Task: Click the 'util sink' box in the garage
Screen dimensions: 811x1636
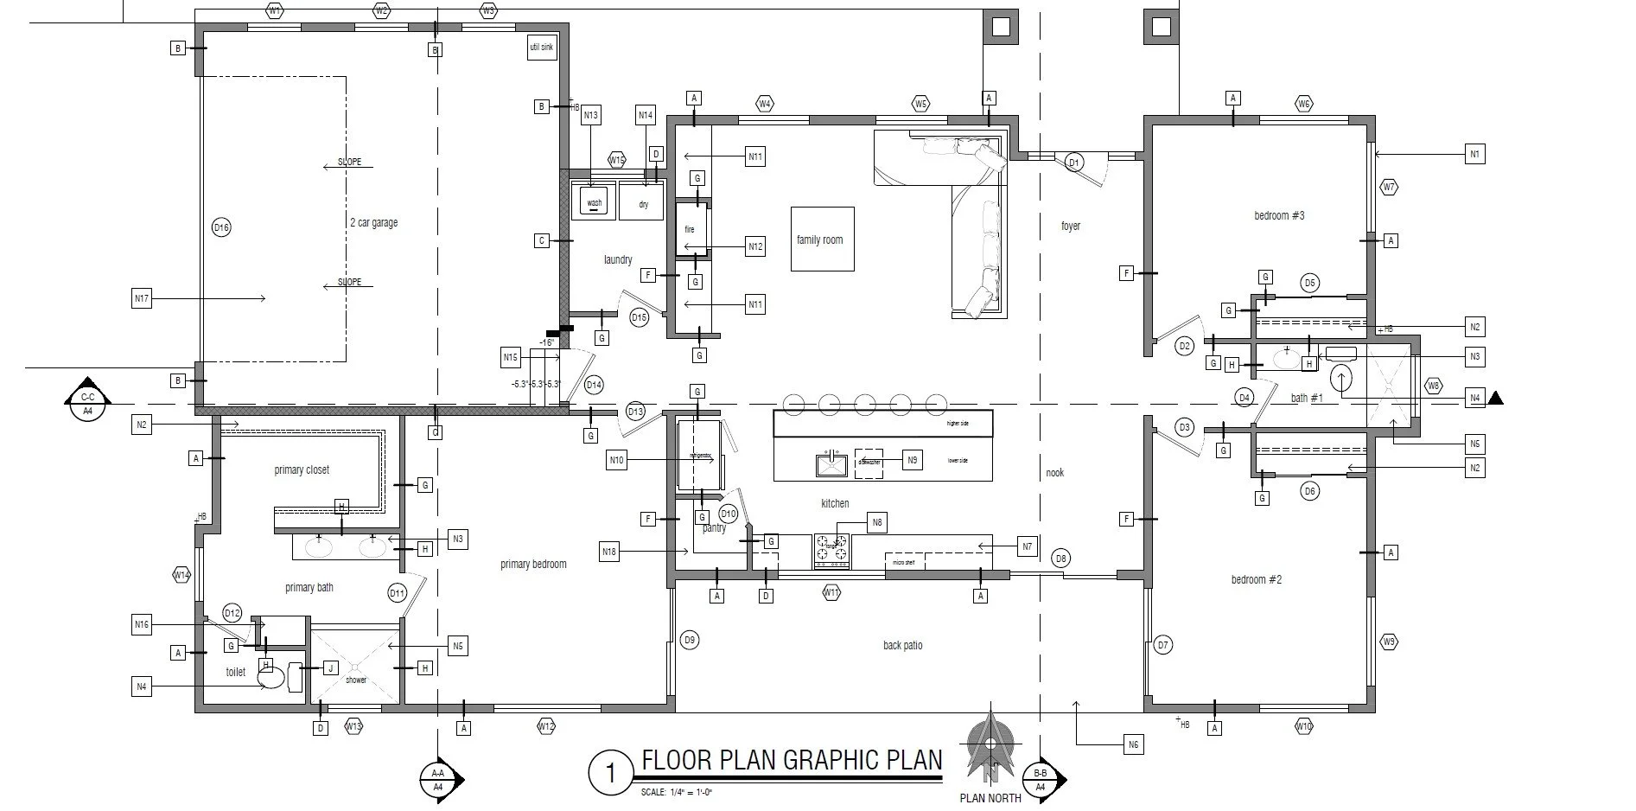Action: point(540,47)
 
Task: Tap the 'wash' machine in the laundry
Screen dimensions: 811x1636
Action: point(595,201)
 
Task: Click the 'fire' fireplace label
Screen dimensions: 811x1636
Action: point(690,229)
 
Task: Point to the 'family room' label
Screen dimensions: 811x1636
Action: point(819,239)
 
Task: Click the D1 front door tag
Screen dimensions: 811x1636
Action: point(1073,162)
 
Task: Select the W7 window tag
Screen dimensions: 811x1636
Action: point(1388,188)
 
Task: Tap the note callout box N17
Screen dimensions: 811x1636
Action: point(142,299)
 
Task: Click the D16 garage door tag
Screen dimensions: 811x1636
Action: point(221,227)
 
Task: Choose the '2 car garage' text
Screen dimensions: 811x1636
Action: point(373,222)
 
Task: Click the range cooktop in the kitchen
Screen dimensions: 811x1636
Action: point(831,550)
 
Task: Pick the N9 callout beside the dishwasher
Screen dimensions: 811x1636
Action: point(912,461)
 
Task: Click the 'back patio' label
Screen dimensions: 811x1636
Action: point(902,645)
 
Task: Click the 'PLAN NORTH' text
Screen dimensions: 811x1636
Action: point(990,798)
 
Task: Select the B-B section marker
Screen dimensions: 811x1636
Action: point(1041,779)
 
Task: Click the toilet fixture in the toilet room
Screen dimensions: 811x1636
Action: point(271,680)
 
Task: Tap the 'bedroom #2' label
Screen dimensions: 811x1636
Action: point(1256,579)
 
